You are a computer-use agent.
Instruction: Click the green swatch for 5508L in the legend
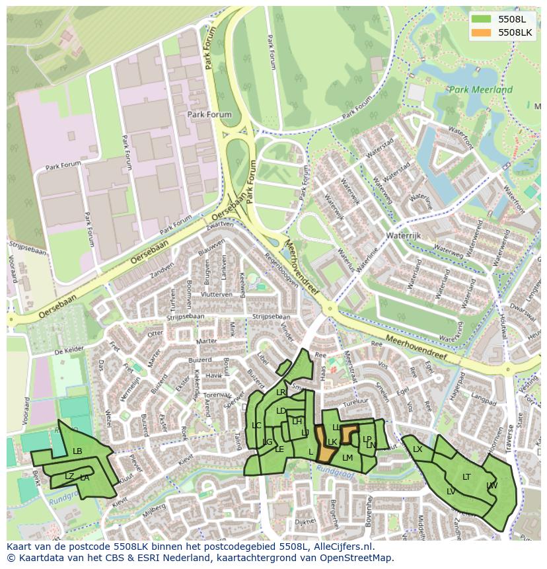point(482,19)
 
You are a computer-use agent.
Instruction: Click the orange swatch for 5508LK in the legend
point(482,32)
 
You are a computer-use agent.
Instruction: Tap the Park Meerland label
point(480,90)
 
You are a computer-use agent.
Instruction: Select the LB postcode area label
point(77,451)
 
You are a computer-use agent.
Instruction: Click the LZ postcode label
point(69,476)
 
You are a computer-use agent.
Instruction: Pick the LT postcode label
point(466,476)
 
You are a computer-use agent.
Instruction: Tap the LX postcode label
point(418,449)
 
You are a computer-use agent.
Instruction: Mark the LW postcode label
point(492,486)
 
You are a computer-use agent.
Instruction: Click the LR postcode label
point(281,393)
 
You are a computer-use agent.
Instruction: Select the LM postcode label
point(347,458)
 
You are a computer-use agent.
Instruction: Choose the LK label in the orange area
point(332,442)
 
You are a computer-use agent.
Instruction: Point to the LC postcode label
point(256,426)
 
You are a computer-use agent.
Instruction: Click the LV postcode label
point(451,492)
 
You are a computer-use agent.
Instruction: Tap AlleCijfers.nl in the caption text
point(342,547)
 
